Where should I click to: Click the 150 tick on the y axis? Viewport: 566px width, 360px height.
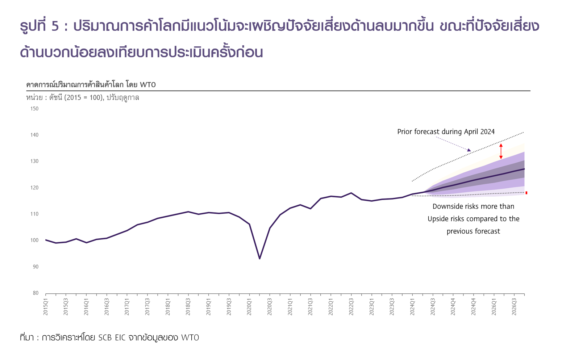coord(34,109)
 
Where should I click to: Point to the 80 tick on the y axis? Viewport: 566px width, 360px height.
coord(36,293)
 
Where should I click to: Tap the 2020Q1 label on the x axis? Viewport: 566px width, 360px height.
coord(249,307)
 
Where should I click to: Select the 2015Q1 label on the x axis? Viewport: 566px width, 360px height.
coord(46,307)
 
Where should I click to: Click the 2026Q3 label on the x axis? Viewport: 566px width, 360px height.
coord(514,307)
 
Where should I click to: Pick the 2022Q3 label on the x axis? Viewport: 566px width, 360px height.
coord(351,307)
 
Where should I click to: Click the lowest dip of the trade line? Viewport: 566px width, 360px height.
coord(259,259)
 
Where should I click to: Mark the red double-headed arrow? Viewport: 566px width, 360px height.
coord(501,151)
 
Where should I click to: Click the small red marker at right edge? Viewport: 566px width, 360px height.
coord(526,193)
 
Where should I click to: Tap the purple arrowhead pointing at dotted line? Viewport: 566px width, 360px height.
coord(469,150)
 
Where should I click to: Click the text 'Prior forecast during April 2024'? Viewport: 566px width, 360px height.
coord(446,132)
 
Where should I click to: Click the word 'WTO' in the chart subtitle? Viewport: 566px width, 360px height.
coord(147,85)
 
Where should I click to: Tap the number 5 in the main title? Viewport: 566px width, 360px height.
coord(55,26)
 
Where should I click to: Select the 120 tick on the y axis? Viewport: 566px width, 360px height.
coord(34,188)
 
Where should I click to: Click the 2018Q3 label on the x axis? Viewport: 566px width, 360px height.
coord(188,307)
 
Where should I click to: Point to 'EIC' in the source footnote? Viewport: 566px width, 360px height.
coord(120,338)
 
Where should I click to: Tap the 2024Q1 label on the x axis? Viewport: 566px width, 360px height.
coord(412,307)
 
